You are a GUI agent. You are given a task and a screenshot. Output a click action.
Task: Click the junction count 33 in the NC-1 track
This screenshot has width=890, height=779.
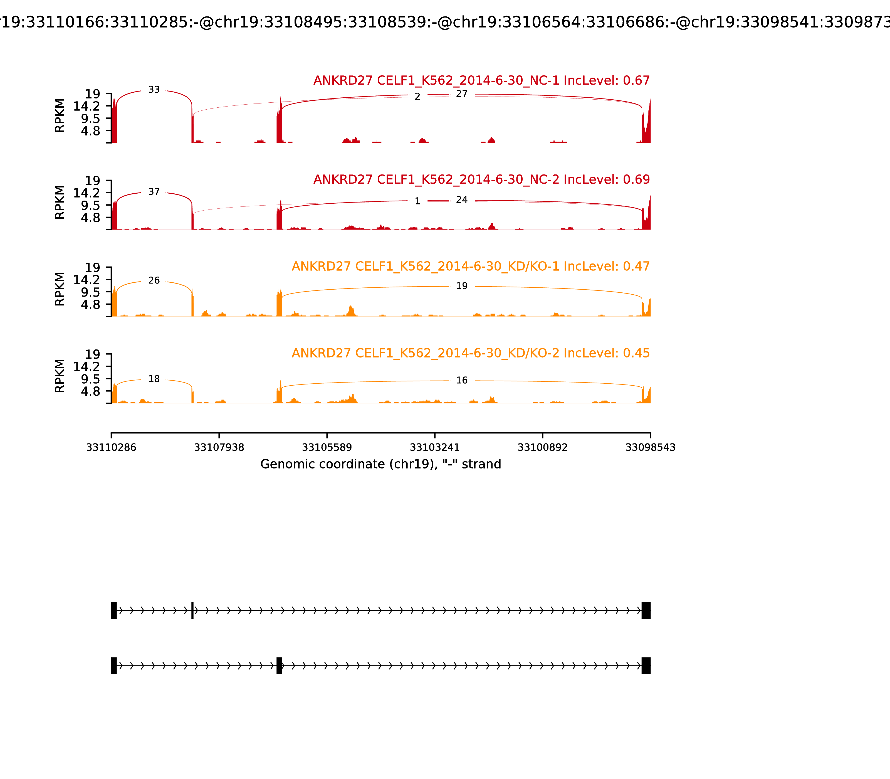point(154,90)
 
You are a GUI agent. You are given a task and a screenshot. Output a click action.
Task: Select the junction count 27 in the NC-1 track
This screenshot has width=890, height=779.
point(461,94)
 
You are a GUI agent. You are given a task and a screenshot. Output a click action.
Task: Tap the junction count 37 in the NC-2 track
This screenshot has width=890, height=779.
point(154,192)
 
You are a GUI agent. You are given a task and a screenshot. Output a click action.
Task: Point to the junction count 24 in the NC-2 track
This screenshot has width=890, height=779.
point(461,200)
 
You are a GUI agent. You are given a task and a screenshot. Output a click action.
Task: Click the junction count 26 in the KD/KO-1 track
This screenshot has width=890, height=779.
point(154,280)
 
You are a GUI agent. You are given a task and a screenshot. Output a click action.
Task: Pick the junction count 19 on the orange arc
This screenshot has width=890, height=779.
point(461,286)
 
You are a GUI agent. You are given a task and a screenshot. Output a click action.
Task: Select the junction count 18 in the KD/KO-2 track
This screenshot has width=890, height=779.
point(154,379)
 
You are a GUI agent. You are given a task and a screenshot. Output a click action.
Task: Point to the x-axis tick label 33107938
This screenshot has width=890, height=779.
point(219,447)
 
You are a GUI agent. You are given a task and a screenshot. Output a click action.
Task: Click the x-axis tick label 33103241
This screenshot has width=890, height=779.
point(434,447)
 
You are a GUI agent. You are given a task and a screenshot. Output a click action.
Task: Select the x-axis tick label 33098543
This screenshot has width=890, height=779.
point(650,447)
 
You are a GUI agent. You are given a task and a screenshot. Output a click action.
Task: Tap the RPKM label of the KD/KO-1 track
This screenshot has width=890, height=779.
point(60,289)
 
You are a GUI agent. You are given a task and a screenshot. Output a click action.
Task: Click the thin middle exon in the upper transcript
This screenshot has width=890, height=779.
point(192,610)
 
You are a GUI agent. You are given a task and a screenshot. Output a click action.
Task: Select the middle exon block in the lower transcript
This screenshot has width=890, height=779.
point(280,665)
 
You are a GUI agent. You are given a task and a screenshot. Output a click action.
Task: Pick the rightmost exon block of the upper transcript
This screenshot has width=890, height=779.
point(646,610)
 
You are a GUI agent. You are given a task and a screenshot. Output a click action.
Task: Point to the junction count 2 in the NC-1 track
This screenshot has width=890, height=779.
point(417,97)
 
